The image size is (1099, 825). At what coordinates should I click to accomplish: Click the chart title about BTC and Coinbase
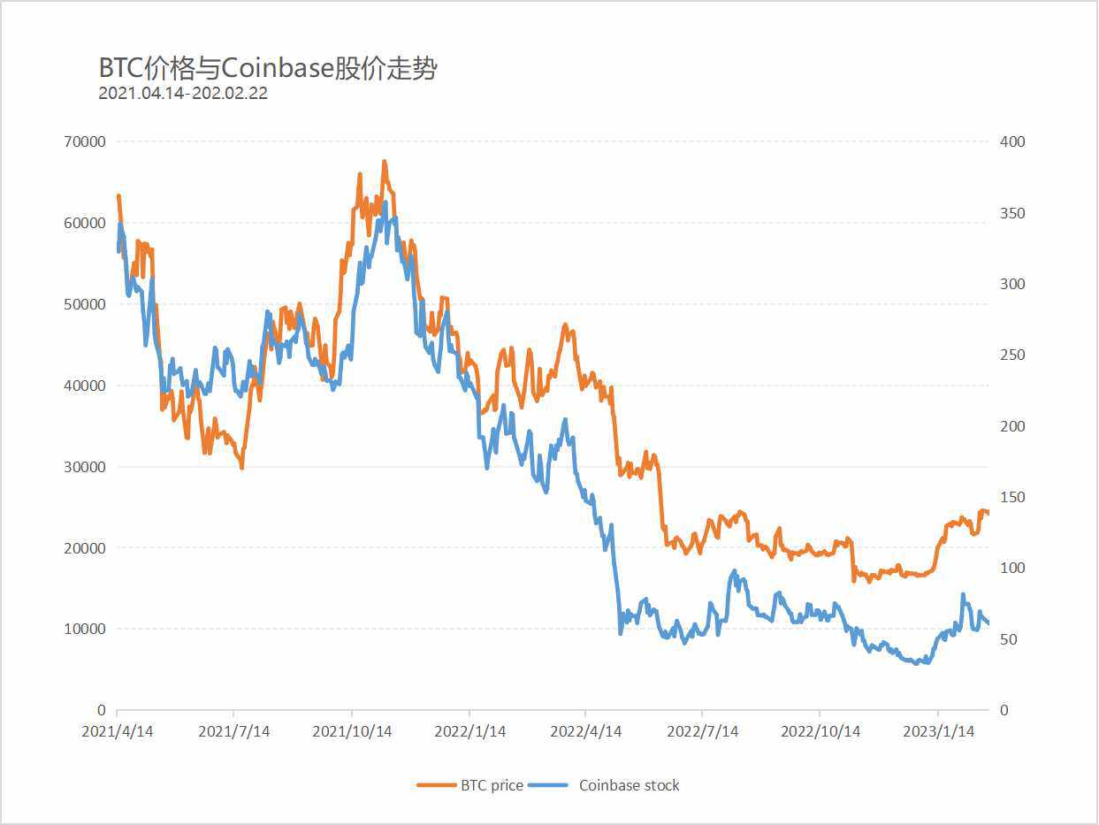(267, 68)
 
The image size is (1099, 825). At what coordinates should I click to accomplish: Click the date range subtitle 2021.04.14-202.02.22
(183, 93)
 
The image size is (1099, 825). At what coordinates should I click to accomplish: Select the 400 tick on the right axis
(1012, 141)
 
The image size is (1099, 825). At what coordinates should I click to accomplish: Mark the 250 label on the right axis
(1012, 355)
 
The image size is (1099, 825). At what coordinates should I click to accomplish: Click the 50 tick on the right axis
(1009, 639)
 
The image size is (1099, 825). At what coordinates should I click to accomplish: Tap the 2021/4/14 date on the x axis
(117, 732)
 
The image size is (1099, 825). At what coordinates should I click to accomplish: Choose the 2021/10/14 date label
(352, 732)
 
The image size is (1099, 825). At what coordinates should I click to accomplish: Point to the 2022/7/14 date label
(702, 732)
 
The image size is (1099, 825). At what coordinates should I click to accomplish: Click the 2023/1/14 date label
(937, 732)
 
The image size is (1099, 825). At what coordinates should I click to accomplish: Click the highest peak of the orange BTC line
(385, 162)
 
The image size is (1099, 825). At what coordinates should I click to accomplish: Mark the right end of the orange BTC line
(988, 513)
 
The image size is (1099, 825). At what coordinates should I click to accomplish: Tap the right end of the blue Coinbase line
(988, 623)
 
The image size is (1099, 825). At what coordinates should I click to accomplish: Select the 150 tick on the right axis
(1012, 497)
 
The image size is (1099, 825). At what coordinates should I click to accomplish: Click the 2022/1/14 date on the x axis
(469, 732)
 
